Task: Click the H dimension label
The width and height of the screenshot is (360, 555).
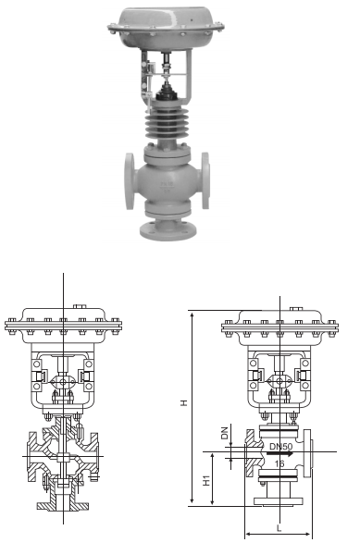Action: (x=184, y=402)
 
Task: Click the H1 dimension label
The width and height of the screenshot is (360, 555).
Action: (x=206, y=480)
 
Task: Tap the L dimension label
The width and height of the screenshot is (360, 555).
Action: (x=279, y=528)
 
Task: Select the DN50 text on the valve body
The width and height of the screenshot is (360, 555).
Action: (x=280, y=447)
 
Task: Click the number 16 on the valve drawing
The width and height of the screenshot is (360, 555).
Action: (x=279, y=463)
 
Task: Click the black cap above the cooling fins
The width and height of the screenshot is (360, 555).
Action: (x=168, y=92)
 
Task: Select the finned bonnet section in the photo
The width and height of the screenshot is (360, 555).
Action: (x=168, y=120)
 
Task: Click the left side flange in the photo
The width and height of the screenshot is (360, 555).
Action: (x=130, y=181)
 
